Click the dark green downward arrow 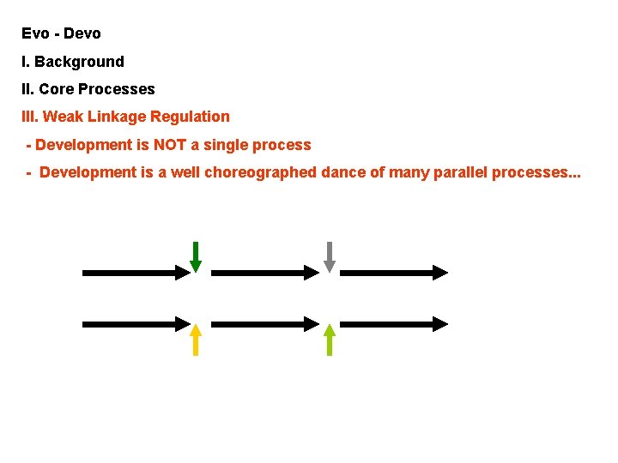[x=196, y=256]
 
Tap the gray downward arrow [x=329, y=256]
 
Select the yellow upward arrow [x=196, y=340]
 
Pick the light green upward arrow [x=329, y=340]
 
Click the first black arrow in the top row [x=136, y=273]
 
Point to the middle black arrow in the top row [x=265, y=273]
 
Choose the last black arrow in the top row [x=394, y=273]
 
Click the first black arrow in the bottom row [x=136, y=324]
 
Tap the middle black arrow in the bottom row [x=265, y=324]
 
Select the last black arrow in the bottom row [x=394, y=324]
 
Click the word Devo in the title [x=82, y=33]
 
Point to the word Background [x=79, y=62]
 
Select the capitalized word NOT [x=170, y=145]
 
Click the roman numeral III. [x=30, y=117]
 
